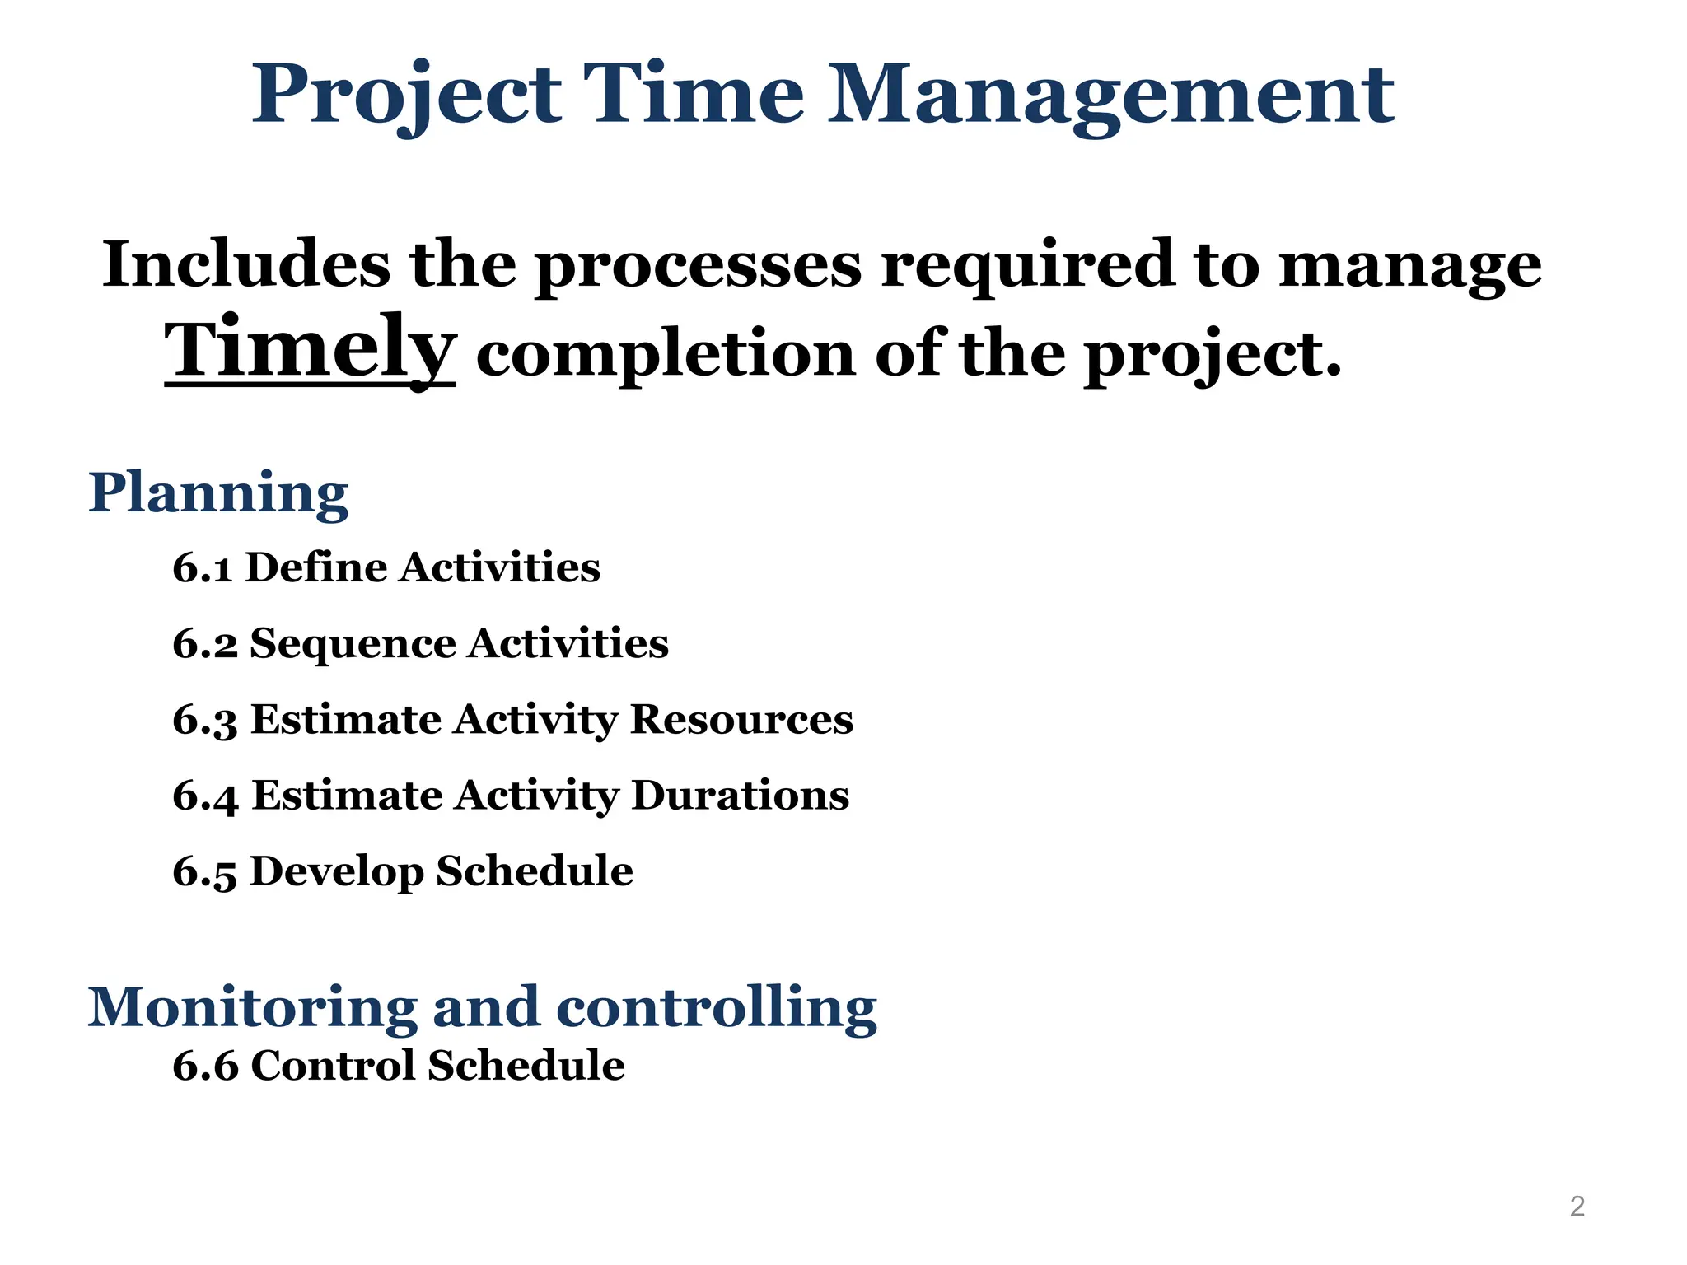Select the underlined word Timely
click(310, 350)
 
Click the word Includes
click(246, 265)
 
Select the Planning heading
click(218, 494)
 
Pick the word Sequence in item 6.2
click(352, 644)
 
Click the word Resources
click(741, 720)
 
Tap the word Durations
click(740, 796)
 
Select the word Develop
click(336, 872)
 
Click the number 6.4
click(204, 796)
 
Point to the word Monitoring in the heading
click(252, 1007)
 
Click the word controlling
click(717, 1007)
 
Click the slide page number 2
click(1577, 1207)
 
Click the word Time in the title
click(693, 96)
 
